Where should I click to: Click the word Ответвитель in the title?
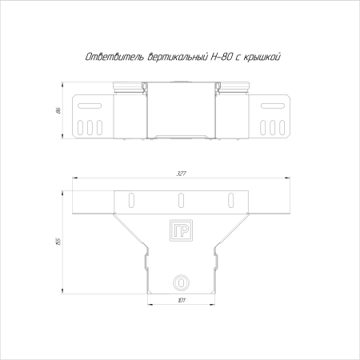click(x=111, y=58)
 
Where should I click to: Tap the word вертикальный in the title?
click(x=174, y=58)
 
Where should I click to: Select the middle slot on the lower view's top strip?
click(x=180, y=198)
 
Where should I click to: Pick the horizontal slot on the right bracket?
click(x=272, y=106)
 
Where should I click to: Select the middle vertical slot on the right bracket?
click(x=272, y=128)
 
